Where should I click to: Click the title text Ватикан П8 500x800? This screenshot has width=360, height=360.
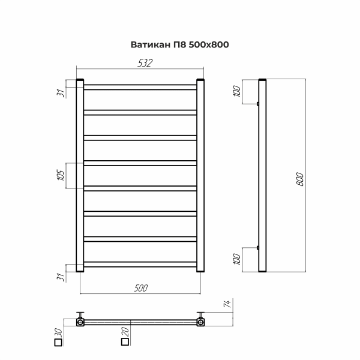180,44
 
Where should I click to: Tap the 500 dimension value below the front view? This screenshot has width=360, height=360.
141,288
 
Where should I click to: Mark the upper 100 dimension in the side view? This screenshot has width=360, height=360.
236,92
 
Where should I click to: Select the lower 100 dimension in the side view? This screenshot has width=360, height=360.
236,259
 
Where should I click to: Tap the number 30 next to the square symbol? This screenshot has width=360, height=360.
58,331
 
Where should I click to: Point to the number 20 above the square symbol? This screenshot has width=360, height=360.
125,331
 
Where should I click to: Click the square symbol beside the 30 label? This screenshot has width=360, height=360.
58,343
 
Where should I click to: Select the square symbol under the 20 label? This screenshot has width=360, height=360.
125,343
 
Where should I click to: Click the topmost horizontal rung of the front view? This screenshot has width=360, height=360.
140,87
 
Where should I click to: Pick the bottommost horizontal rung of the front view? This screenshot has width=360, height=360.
140,263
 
